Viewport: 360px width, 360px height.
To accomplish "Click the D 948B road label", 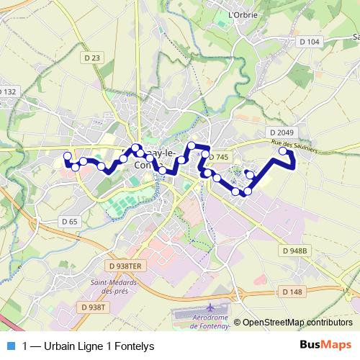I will [294, 251].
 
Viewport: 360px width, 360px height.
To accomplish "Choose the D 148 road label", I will [292, 292].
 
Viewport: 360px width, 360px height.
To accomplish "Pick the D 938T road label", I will [94, 307].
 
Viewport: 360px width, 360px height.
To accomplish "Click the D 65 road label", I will [69, 222].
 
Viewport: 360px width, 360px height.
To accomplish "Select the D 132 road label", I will [6, 91].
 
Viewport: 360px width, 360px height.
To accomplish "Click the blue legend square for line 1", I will [10, 346].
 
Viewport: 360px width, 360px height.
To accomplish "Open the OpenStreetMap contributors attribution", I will [297, 323].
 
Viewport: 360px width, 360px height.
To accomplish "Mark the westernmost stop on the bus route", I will [68, 156].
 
